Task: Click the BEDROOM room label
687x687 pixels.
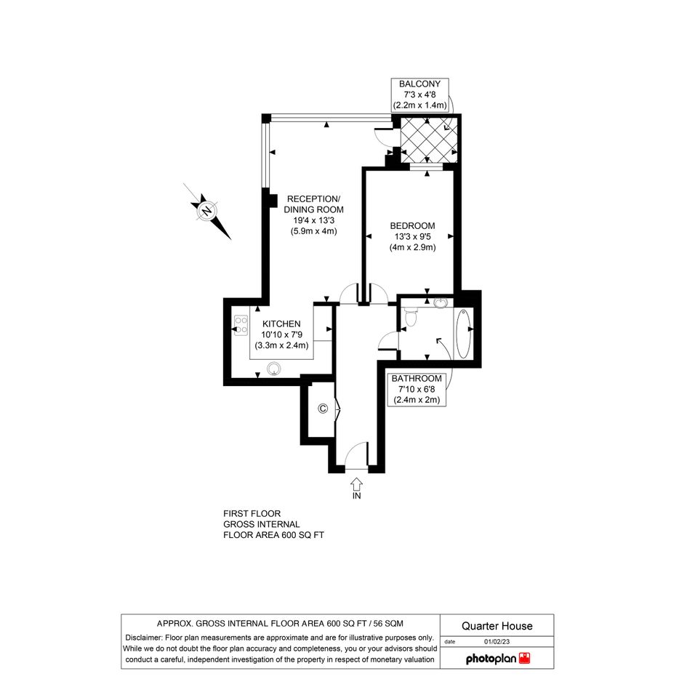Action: (x=412, y=226)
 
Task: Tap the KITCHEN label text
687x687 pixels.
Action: (x=281, y=324)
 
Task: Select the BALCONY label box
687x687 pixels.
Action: (x=419, y=95)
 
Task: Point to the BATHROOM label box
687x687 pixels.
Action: (x=417, y=389)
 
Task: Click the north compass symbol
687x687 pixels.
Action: (x=207, y=212)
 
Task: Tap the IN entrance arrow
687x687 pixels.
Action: (x=357, y=483)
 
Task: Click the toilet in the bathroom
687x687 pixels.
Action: (x=411, y=316)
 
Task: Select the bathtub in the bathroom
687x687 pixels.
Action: (x=463, y=333)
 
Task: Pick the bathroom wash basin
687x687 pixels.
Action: (x=441, y=302)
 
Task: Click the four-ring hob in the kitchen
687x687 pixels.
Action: (x=241, y=326)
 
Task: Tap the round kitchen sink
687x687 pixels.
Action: (x=274, y=369)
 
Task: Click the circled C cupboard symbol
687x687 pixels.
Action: (x=323, y=409)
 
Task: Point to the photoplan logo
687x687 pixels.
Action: (x=498, y=658)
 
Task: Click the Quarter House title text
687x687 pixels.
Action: (x=497, y=626)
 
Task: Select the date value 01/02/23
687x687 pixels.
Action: (x=497, y=642)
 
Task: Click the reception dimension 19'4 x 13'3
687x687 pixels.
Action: (x=314, y=220)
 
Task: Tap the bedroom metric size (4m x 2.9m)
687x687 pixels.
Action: (x=413, y=248)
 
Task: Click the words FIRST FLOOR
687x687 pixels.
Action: (x=252, y=513)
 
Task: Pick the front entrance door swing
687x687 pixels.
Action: (x=356, y=456)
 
